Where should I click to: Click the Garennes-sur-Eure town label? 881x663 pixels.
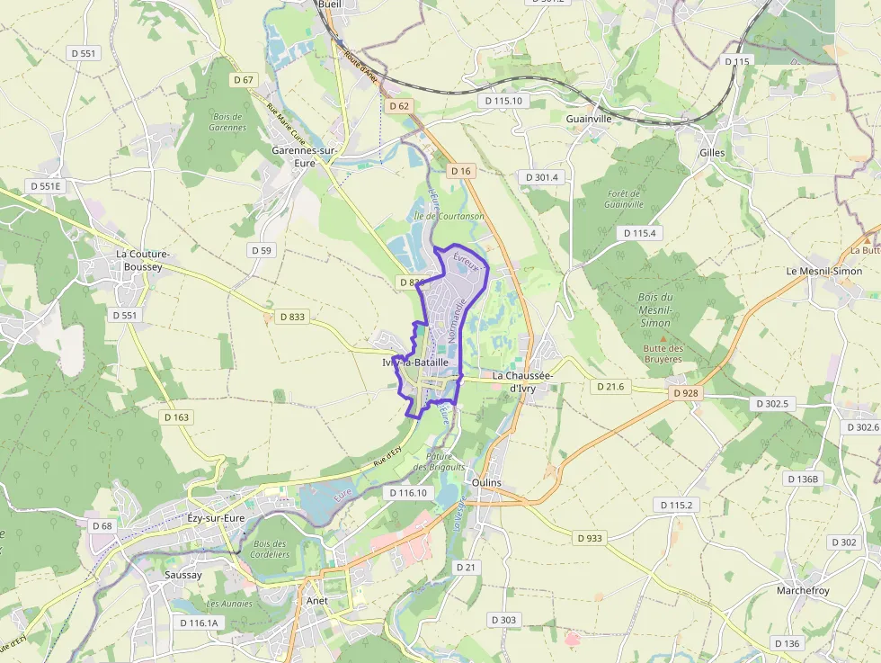tap(304, 157)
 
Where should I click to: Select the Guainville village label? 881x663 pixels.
tap(589, 118)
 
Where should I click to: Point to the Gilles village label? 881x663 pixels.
tap(712, 153)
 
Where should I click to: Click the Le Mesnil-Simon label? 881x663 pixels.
tap(824, 271)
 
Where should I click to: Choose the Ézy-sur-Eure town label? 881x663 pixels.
tap(215, 518)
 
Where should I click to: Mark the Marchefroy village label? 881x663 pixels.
tap(803, 590)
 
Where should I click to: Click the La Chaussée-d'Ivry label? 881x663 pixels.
tap(523, 381)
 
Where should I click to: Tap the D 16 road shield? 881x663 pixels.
tap(460, 171)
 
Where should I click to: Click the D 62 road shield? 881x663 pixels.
tap(399, 106)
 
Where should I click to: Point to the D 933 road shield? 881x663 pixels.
tap(589, 538)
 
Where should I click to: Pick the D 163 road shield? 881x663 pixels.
tap(178, 417)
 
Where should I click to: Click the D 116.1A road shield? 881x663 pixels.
tap(199, 623)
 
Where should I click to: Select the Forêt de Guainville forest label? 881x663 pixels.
tap(624, 199)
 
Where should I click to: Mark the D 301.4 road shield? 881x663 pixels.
tap(542, 177)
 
